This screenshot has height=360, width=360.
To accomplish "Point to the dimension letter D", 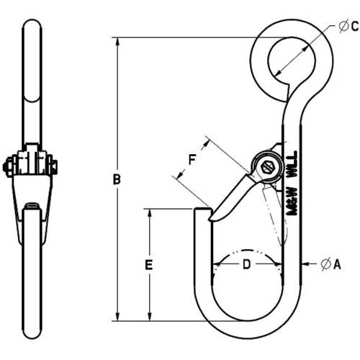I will [x=246, y=264].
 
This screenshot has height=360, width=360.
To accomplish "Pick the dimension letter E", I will [x=149, y=265].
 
